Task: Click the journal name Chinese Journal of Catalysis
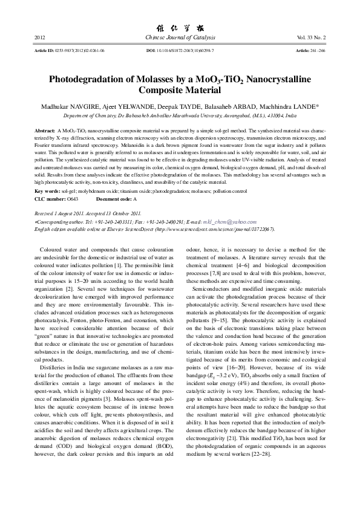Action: pos(179,38)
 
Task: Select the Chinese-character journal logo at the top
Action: pos(179,27)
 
